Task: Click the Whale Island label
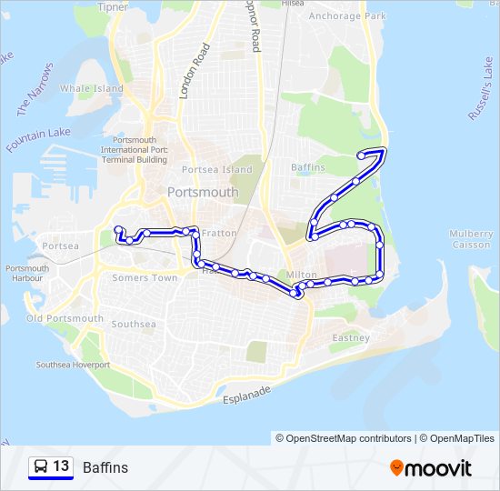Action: [x=91, y=88]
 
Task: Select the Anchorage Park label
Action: [x=347, y=16]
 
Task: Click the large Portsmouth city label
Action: [x=203, y=193]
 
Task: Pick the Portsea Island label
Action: [x=216, y=170]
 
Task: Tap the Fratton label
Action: [x=218, y=234]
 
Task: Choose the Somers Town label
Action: [x=145, y=278]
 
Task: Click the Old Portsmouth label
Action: [x=65, y=318]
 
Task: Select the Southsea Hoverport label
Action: [x=73, y=365]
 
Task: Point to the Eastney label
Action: [x=351, y=338]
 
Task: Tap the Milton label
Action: [x=302, y=275]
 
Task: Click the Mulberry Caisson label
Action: [x=470, y=239]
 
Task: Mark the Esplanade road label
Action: [x=248, y=395]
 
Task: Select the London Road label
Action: [x=195, y=70]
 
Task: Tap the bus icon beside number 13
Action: [x=41, y=467]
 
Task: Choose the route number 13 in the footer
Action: [x=61, y=466]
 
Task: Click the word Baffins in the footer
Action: [x=105, y=467]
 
